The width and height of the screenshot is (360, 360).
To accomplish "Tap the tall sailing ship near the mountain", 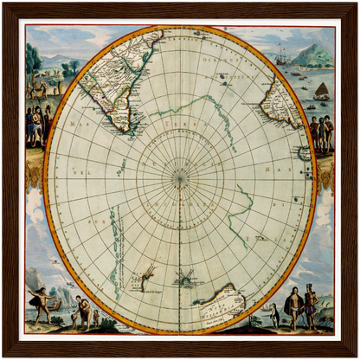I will pos(286,55).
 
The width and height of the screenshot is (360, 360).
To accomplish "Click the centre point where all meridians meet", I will pos(180,179).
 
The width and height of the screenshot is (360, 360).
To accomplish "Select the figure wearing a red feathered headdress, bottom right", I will pos(311,305).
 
